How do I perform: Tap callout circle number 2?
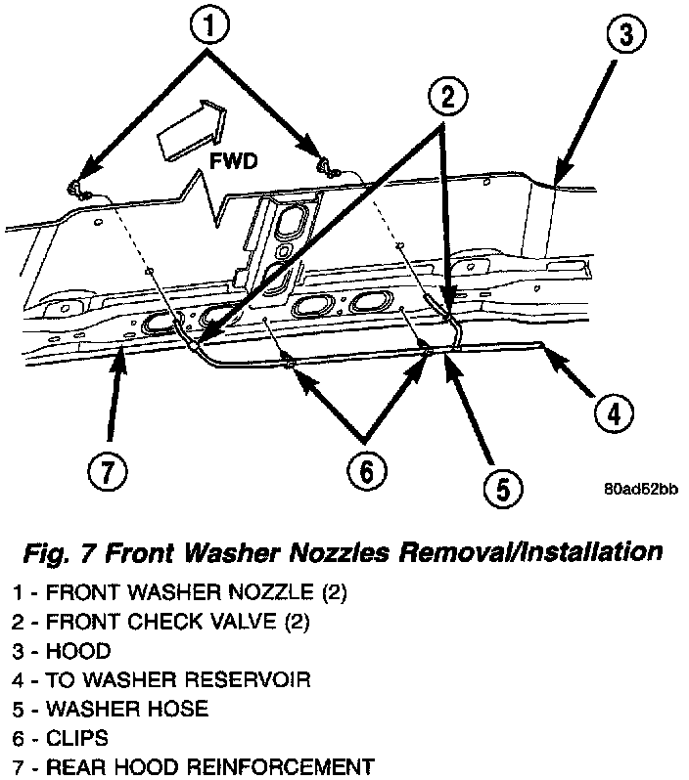tap(445, 97)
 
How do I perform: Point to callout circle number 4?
tap(611, 412)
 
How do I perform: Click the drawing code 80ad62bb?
tap(641, 491)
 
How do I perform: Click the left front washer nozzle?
tap(76, 189)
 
